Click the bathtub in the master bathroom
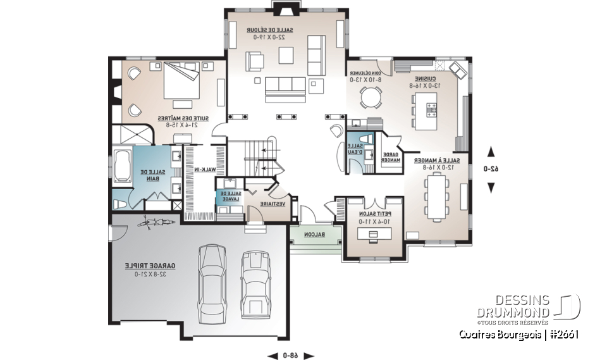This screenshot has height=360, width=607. [x=123, y=166]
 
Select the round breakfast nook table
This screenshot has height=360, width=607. [x=371, y=97]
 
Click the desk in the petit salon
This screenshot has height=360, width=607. [x=372, y=234]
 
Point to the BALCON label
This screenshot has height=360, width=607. [x=314, y=235]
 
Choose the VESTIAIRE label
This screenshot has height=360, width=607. [x=273, y=204]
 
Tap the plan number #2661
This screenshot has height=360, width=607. [x=563, y=334]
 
